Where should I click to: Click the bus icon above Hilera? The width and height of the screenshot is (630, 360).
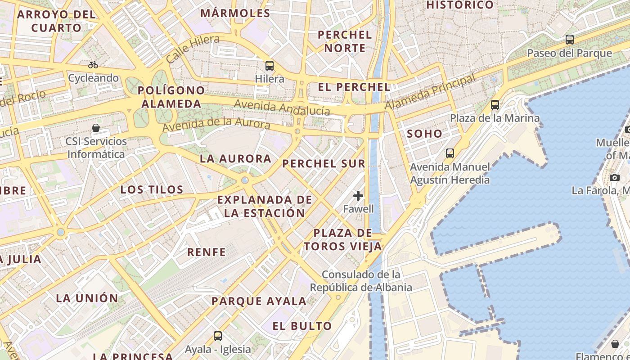pyautogui.click(x=269, y=66)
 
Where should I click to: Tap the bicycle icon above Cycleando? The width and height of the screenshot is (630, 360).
pyautogui.click(x=93, y=65)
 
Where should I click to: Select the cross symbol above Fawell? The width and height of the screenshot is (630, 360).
pyautogui.click(x=358, y=196)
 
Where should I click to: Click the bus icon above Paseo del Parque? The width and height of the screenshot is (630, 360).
pyautogui.click(x=570, y=40)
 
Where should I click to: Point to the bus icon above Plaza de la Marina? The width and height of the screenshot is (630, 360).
pyautogui.click(x=495, y=105)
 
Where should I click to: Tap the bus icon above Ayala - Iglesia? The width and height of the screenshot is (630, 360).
pyautogui.click(x=218, y=336)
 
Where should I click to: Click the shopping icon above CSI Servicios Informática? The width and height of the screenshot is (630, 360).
pyautogui.click(x=96, y=128)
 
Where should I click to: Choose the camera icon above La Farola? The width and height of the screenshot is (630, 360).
pyautogui.click(x=615, y=177)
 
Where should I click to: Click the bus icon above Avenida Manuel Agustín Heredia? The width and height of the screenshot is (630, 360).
pyautogui.click(x=450, y=153)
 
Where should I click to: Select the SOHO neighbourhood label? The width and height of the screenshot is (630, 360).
pyautogui.click(x=424, y=134)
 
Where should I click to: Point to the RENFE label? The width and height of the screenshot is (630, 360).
pyautogui.click(x=207, y=252)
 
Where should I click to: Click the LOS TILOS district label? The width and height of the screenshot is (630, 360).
pyautogui.click(x=152, y=189)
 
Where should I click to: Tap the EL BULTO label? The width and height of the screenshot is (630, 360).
pyautogui.click(x=302, y=326)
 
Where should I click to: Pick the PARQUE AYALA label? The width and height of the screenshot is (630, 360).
pyautogui.click(x=259, y=301)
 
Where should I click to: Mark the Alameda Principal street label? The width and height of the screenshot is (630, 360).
pyautogui.click(x=430, y=92)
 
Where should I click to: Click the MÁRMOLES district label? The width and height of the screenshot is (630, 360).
pyautogui.click(x=235, y=13)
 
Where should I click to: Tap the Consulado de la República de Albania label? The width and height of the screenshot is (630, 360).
pyautogui.click(x=361, y=281)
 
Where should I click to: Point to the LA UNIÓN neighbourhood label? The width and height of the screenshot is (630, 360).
pyautogui.click(x=87, y=298)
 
